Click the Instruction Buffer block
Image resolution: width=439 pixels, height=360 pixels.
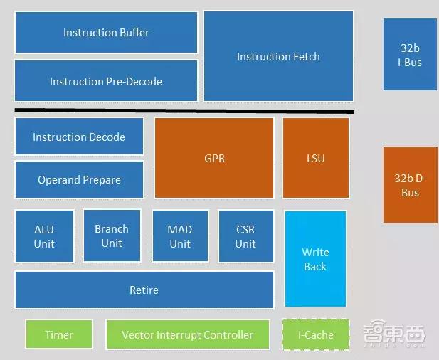pos(106,32)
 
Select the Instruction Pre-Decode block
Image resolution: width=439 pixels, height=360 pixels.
pos(106,81)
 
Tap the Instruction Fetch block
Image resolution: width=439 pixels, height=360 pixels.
pos(278,56)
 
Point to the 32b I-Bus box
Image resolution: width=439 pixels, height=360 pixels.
pos(410,55)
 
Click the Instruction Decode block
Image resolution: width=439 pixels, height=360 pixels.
pos(79,137)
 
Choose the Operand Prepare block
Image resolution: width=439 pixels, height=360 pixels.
pos(79,179)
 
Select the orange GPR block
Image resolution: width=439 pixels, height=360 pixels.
pos(214,158)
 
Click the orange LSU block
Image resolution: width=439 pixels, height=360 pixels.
pos(315,158)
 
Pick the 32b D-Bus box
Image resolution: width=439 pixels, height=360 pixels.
pos(410,185)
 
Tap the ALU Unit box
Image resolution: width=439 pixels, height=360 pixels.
pos(44,236)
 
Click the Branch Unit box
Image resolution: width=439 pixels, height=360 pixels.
pos(112,235)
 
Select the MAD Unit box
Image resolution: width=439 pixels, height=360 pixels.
pos(180,236)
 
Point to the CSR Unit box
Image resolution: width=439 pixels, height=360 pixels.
pos(245,236)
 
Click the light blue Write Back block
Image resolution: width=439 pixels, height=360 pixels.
pos(315,259)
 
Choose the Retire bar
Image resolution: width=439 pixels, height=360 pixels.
pos(144,290)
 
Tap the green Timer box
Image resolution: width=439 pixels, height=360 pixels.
pos(59,334)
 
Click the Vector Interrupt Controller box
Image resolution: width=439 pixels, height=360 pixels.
pos(187,334)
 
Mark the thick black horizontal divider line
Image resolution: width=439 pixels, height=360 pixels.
pos(184,111)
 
